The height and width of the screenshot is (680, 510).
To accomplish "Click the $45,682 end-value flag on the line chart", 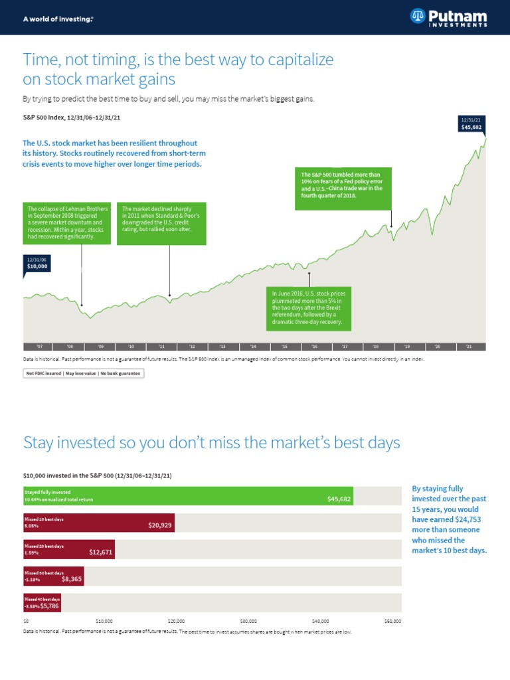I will tap(473, 124).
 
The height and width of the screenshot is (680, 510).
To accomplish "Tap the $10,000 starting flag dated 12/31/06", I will tap(37, 263).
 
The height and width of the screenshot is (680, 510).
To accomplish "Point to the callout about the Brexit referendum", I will tap(309, 308).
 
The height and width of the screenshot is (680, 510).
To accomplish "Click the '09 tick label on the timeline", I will tap(100, 347).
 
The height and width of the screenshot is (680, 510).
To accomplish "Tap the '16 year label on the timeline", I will tap(315, 347).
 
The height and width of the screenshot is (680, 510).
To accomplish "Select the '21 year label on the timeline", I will tap(469, 347).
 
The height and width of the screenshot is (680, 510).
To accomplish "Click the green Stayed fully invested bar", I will tap(188, 496).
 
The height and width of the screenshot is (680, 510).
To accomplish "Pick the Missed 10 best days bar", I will tap(99, 523).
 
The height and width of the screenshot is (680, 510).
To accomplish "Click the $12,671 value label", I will tap(101, 551).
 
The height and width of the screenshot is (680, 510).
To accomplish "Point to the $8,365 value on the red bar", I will tap(72, 578).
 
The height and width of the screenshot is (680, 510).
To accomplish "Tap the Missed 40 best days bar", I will tap(42, 603).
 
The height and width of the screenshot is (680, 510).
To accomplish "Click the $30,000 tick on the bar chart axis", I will tap(248, 622).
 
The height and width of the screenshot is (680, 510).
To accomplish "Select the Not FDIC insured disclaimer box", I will tap(83, 373).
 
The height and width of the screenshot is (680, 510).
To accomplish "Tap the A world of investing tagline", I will tap(58, 19).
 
